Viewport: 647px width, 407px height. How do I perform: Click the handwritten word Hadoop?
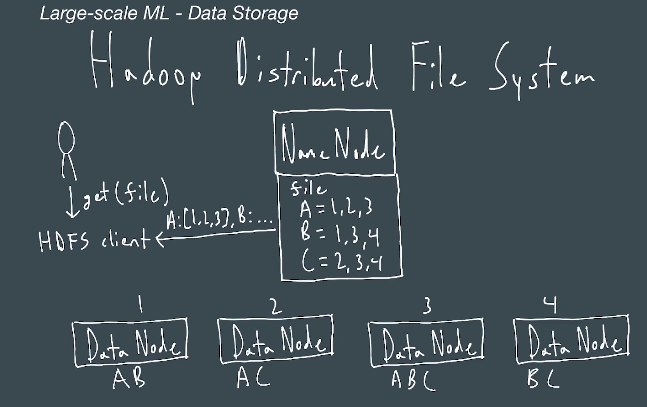click(x=145, y=67)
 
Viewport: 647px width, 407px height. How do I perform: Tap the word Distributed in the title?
click(x=306, y=67)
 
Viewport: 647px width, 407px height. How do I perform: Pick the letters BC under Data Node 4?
click(x=543, y=379)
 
